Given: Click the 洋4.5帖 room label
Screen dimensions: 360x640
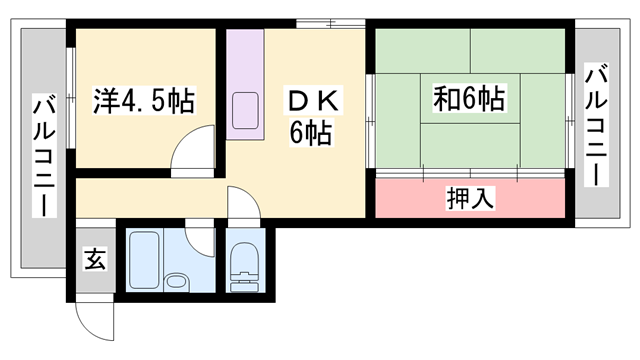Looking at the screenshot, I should point(144,101).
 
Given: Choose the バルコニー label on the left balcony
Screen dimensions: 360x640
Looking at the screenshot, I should point(44,155).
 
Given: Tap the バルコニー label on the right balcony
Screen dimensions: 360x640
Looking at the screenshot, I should point(597,126).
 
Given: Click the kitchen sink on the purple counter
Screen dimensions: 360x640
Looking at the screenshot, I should point(245,110).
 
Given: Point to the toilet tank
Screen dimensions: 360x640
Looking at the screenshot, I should point(243,286).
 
